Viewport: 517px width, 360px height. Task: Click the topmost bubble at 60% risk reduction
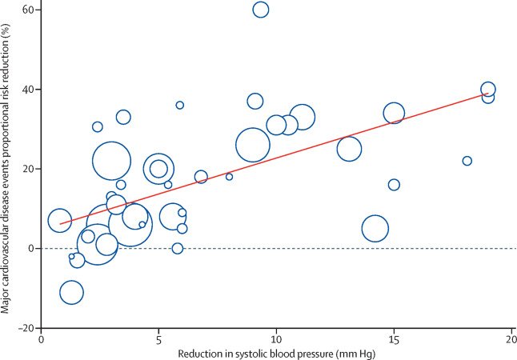[x=261, y=10]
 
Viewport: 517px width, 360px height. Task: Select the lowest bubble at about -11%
[x=71, y=292]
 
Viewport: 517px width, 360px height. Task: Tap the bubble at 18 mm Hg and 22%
[x=467, y=161]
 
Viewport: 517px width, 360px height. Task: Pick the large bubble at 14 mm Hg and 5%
[x=375, y=229]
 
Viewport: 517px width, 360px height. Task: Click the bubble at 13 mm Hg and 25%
[x=349, y=148]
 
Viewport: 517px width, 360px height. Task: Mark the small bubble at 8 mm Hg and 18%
[x=229, y=177]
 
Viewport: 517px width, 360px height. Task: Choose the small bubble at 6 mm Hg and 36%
[x=180, y=105]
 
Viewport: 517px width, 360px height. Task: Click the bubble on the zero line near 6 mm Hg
[x=178, y=248]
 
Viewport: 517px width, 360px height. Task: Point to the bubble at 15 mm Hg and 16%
[x=394, y=185]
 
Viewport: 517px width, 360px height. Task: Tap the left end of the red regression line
[x=60, y=224]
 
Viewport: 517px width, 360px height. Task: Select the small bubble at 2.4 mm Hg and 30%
[x=98, y=126]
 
